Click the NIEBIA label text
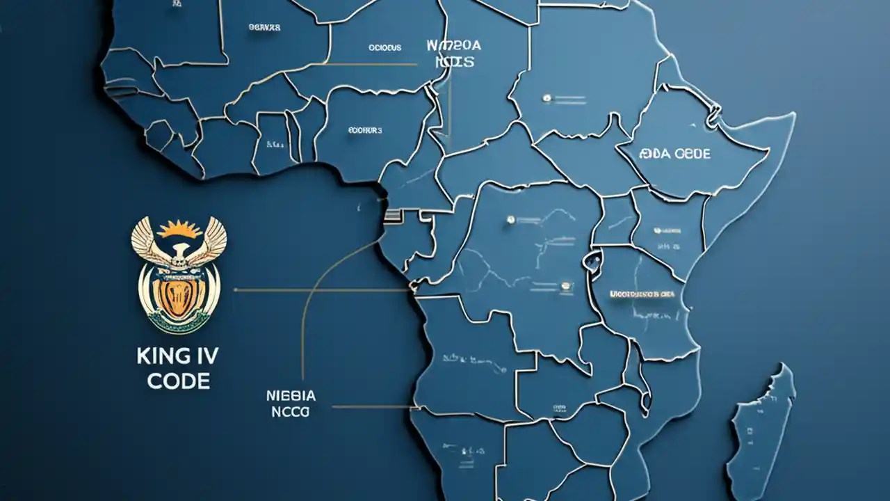pyautogui.click(x=291, y=396)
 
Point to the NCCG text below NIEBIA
pyautogui.click(x=291, y=411)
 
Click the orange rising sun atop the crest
pyautogui.click(x=179, y=230)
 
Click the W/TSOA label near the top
pyautogui.click(x=453, y=46)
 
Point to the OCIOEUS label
pyautogui.click(x=385, y=48)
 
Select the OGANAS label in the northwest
pyautogui.click(x=264, y=28)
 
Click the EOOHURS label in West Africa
pyautogui.click(x=365, y=129)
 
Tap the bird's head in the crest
pyautogui.click(x=179, y=250)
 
